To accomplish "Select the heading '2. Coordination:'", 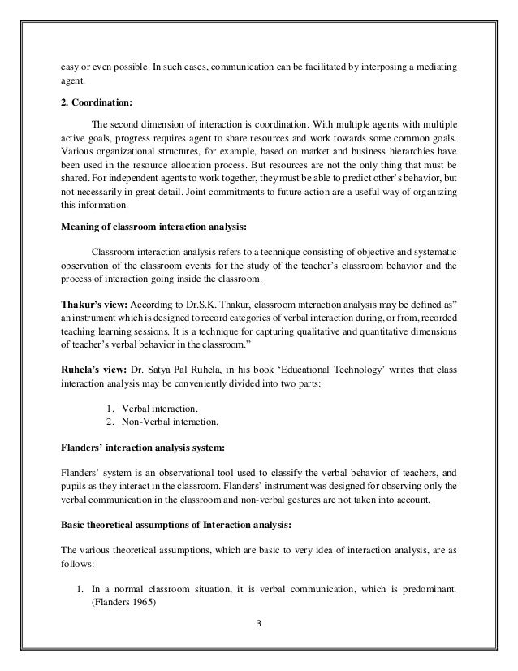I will coord(96,102).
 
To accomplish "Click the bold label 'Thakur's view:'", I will coord(92,304).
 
